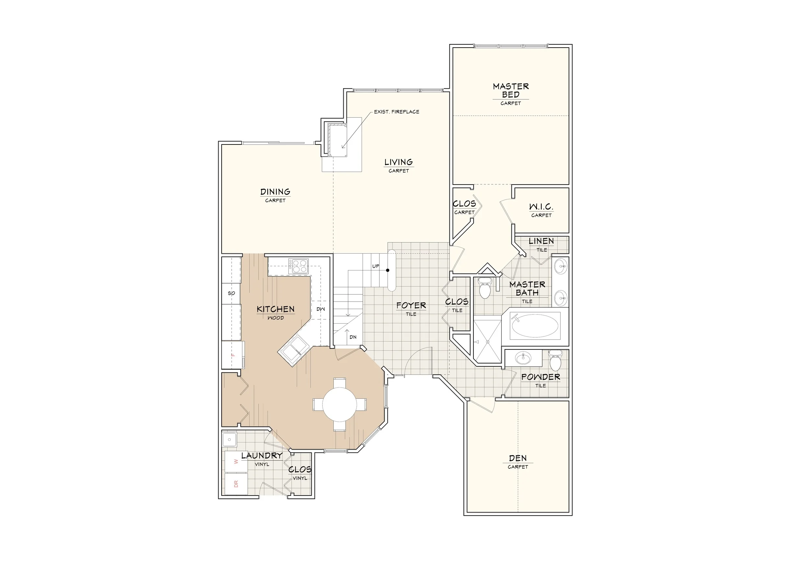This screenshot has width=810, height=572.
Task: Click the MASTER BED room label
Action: click(x=511, y=91)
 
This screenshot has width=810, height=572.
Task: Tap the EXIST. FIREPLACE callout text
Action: click(x=397, y=112)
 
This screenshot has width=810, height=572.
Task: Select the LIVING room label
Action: click(x=399, y=162)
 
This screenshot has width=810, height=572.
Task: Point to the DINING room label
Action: click(x=275, y=192)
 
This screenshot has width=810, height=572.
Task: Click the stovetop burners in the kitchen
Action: click(x=298, y=266)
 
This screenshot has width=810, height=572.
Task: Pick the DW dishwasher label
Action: click(x=321, y=309)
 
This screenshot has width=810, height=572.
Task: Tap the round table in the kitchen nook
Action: click(x=339, y=405)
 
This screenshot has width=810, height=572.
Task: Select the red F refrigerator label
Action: click(x=233, y=355)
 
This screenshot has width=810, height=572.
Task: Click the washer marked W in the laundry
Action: click(x=236, y=462)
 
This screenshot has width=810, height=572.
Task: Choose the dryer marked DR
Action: click(x=236, y=484)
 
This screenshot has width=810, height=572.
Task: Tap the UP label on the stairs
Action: click(x=376, y=266)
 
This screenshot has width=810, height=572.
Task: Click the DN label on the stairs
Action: click(x=353, y=337)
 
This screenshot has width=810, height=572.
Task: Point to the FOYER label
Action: click(x=411, y=305)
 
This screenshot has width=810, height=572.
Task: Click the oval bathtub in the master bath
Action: click(x=535, y=326)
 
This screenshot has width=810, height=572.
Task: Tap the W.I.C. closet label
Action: click(x=541, y=207)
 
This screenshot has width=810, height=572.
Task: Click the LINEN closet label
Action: click(x=541, y=241)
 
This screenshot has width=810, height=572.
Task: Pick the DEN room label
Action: click(x=518, y=458)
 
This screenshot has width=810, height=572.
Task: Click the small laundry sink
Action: click(x=230, y=440)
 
